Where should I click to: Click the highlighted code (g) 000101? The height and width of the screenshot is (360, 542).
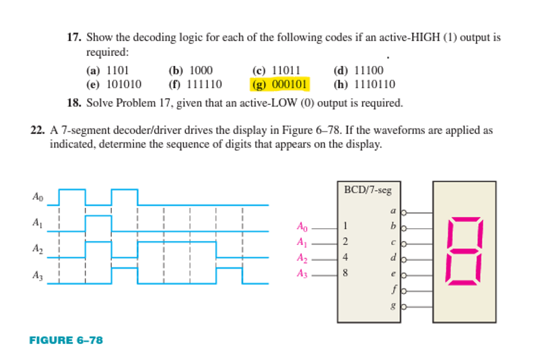tap(279, 85)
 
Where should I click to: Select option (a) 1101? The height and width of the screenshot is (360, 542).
tap(108, 70)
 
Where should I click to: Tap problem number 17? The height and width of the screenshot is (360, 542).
tap(74, 37)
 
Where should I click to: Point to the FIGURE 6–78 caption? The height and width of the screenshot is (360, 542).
tap(66, 340)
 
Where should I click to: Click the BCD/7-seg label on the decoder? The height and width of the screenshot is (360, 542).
tap(367, 190)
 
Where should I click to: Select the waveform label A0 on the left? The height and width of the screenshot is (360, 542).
tap(37, 197)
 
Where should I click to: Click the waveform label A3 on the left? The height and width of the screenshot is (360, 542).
tap(37, 275)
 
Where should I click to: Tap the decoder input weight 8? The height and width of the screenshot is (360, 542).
tap(345, 273)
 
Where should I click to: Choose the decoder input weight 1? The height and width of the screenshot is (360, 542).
tap(345, 225)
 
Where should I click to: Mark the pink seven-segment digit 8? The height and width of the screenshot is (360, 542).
tap(464, 250)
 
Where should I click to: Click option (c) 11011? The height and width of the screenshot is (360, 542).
tap(275, 70)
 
